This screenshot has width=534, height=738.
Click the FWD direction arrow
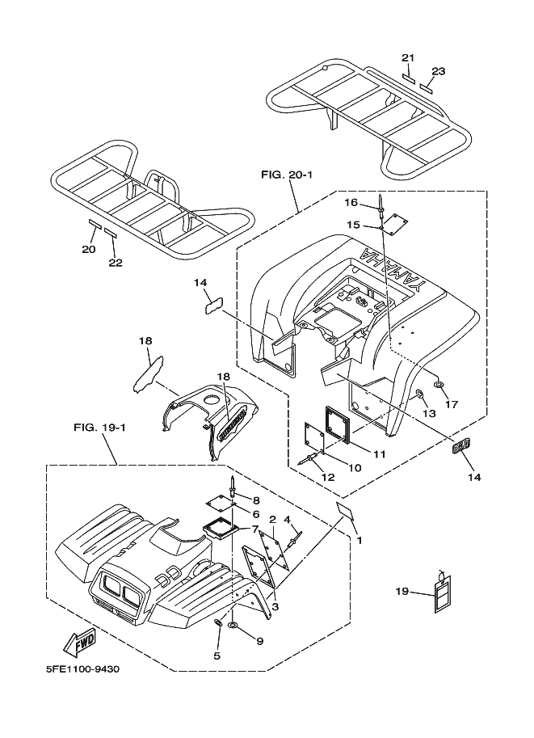[80, 643]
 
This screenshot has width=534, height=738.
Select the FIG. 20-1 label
[287, 175]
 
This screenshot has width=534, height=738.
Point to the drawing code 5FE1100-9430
[82, 668]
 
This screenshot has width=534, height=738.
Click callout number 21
[408, 58]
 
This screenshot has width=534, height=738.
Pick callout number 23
[439, 71]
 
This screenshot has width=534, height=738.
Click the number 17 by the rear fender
[452, 404]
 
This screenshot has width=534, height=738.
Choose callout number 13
[429, 413]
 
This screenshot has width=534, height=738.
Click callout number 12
[328, 477]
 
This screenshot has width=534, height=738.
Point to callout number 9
[259, 640]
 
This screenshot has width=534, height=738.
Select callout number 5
[217, 656]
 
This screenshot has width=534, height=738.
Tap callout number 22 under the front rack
[116, 262]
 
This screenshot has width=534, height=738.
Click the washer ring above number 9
[233, 625]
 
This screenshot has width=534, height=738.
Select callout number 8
[256, 500]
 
